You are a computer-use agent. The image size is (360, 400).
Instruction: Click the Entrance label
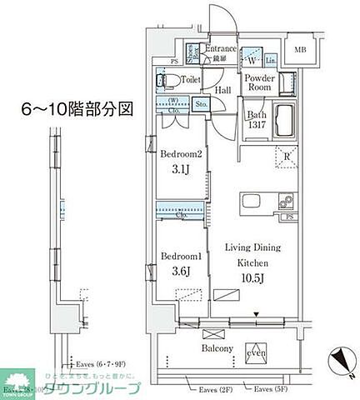[222, 49]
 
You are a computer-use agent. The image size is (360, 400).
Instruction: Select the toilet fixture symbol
[164, 81]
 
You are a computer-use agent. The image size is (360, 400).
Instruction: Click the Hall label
[222, 91]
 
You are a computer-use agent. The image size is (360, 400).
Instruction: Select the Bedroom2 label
[179, 154]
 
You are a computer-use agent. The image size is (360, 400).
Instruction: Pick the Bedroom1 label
[178, 256]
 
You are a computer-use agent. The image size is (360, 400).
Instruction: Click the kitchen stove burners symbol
[285, 202]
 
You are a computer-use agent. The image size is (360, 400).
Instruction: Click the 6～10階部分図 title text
[77, 108]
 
